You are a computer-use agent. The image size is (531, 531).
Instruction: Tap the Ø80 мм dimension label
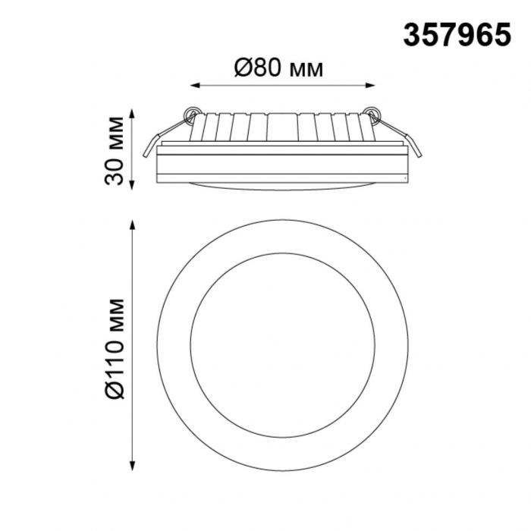278,68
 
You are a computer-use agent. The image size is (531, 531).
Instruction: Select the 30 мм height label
114,150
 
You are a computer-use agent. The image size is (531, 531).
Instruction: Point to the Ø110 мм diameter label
115,348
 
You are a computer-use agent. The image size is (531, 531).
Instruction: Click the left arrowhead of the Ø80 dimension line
194,85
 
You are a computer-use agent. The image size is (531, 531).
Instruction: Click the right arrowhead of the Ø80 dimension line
371,85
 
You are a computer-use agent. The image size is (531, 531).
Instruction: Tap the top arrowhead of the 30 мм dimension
133,114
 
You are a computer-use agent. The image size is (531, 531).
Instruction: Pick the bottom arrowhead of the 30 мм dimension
133,185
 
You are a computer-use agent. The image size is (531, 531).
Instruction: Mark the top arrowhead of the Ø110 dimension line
133,225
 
